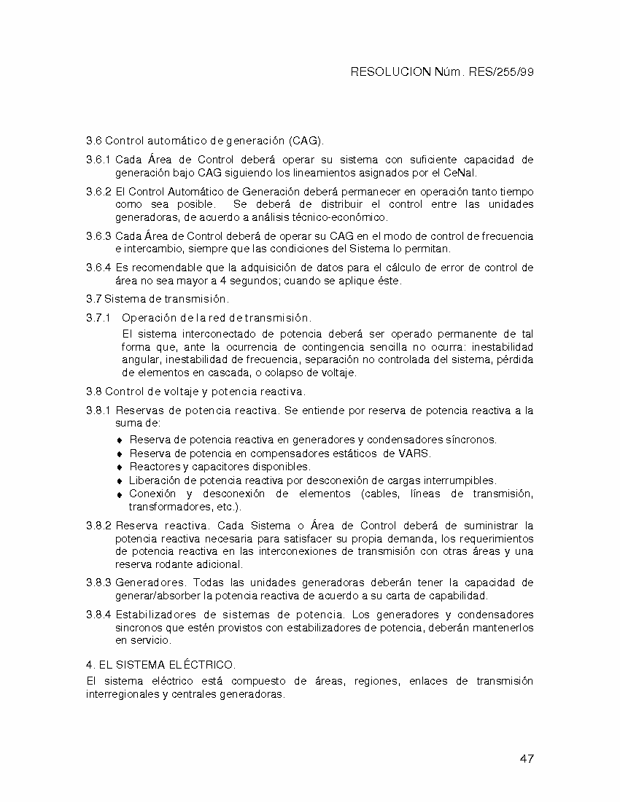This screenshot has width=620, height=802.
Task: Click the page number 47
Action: [527, 759]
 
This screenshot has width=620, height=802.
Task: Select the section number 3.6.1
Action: [98, 160]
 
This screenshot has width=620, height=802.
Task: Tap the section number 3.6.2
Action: [98, 191]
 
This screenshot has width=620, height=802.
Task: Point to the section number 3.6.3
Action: [98, 236]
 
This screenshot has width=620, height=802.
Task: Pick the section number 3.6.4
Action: [98, 268]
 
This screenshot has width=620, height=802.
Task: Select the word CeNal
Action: [460, 173]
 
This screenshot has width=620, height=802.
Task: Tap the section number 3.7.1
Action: [98, 318]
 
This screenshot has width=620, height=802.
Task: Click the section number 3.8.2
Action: [98, 526]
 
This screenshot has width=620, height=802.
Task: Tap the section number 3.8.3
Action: [98, 583]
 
